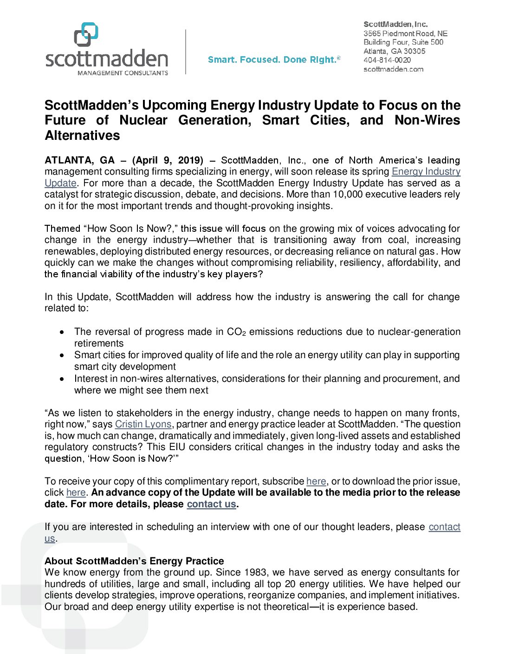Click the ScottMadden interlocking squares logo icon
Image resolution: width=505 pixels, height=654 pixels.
(x=86, y=34)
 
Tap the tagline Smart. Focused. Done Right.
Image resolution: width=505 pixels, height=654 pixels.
(x=274, y=60)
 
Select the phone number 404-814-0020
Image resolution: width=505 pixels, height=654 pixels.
(x=387, y=60)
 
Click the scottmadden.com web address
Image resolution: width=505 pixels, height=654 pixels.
(x=393, y=69)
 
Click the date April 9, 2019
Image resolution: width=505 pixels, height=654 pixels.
(x=168, y=160)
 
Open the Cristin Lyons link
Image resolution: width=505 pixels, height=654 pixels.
(x=143, y=424)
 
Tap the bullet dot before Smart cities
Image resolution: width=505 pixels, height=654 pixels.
(x=62, y=355)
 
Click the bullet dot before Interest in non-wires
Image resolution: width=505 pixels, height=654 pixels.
(x=62, y=379)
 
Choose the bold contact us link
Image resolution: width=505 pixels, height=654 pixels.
(x=212, y=504)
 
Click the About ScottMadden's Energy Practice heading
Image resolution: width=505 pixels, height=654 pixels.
(x=134, y=561)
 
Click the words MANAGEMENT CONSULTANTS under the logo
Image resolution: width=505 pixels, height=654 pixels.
(x=123, y=73)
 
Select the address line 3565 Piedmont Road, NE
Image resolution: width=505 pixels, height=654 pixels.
(x=405, y=33)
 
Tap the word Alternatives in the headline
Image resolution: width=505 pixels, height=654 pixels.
(x=82, y=136)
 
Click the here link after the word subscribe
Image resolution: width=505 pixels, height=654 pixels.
(x=316, y=481)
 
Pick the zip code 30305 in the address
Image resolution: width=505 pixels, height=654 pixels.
(x=414, y=51)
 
